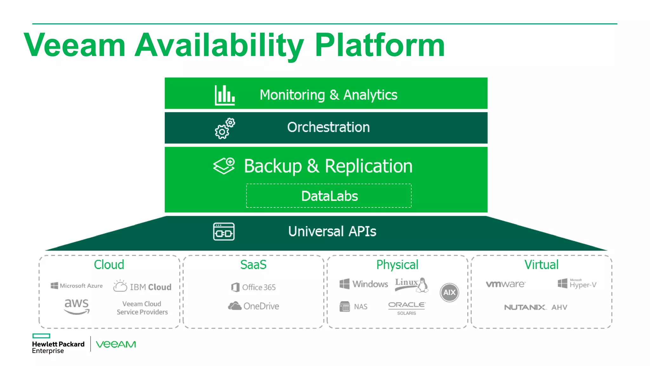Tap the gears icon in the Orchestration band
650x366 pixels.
click(225, 128)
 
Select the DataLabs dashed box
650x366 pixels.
click(329, 196)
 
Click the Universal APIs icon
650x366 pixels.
click(224, 232)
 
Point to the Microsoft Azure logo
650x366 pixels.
click(76, 286)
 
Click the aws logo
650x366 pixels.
click(76, 306)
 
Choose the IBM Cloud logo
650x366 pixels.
click(142, 287)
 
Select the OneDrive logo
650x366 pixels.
click(254, 306)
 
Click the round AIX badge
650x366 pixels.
click(449, 292)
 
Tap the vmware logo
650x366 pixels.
click(506, 284)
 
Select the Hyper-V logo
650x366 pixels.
click(577, 284)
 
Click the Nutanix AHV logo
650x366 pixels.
click(536, 307)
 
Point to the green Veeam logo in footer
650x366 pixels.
click(116, 344)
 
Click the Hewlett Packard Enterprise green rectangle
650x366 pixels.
click(41, 336)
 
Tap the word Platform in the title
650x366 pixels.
click(380, 45)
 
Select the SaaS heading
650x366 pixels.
click(253, 265)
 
